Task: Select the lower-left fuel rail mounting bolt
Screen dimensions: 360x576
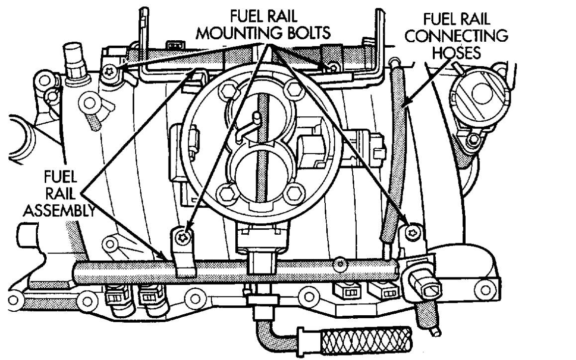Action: [x=185, y=236]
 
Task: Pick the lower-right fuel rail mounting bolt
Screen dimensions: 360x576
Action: [x=412, y=231]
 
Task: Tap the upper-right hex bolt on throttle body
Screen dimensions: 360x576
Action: [x=293, y=90]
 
